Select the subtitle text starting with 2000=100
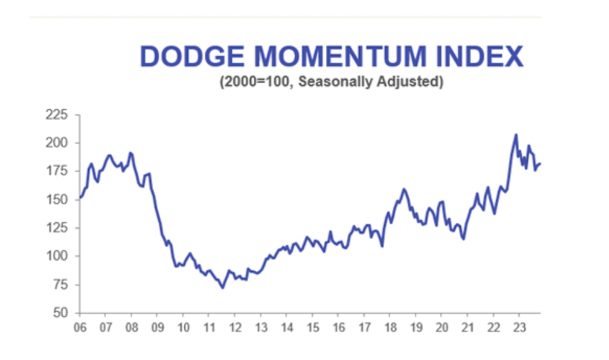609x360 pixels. [x=331, y=82]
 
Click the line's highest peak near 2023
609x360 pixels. [x=516, y=135]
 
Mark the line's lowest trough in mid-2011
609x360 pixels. [x=222, y=288]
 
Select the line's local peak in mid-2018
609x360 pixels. [x=404, y=189]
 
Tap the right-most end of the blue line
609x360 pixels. [x=540, y=163]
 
